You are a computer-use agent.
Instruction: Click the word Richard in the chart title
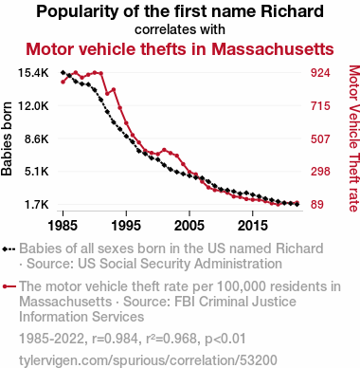(293, 11)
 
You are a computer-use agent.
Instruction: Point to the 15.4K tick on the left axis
(33, 73)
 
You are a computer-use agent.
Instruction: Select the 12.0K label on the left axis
(33, 105)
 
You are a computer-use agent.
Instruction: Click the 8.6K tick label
(37, 138)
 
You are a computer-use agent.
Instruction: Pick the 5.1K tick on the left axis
(37, 172)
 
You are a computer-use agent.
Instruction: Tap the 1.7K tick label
(37, 205)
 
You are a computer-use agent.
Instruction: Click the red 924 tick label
(320, 73)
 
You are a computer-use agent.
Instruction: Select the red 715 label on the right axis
(320, 105)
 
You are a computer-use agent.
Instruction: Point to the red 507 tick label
(320, 138)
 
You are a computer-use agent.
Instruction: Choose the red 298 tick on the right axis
(320, 172)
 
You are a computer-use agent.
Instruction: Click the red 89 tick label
(317, 205)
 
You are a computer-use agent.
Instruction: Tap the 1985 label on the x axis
(63, 226)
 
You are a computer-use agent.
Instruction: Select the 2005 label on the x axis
(189, 226)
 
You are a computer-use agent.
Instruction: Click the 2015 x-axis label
(252, 226)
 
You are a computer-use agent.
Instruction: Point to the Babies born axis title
(7, 138)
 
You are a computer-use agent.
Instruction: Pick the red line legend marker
(9, 286)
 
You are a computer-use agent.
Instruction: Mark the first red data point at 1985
(63, 82)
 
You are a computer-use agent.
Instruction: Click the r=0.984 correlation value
(115, 339)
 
